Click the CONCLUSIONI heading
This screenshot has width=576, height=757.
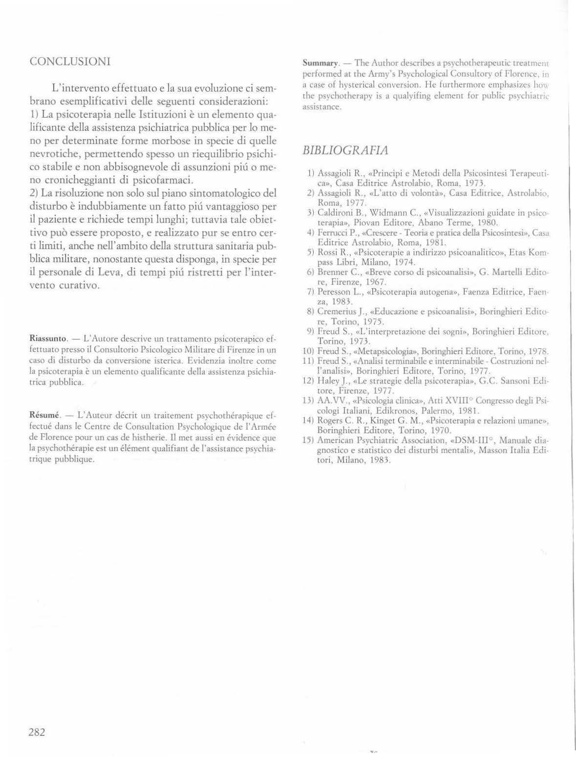(69, 62)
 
